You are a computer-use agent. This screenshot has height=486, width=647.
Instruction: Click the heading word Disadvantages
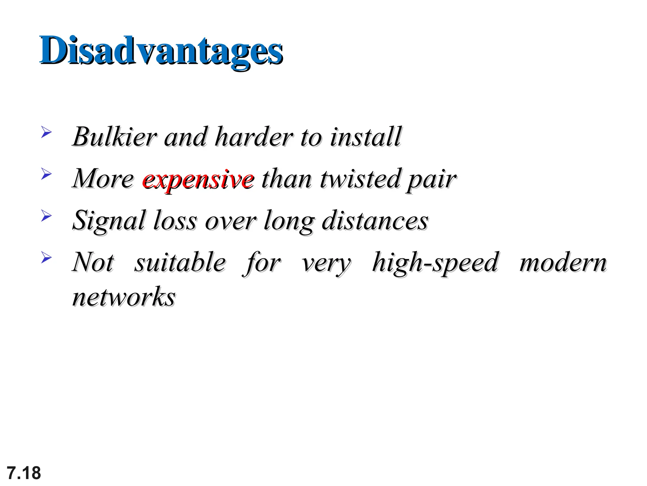(x=161, y=51)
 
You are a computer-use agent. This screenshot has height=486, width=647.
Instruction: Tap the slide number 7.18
(x=24, y=473)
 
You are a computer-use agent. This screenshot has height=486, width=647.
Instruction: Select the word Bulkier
(x=114, y=137)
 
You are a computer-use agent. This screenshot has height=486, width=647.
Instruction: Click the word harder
(x=254, y=137)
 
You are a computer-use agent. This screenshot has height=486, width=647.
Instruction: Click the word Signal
(x=109, y=221)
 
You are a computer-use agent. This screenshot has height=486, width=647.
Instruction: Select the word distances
(x=375, y=221)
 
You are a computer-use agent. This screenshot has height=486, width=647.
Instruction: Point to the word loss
(x=175, y=221)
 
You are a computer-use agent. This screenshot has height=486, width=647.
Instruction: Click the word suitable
(x=180, y=263)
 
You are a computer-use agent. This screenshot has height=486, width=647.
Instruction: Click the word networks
(x=124, y=297)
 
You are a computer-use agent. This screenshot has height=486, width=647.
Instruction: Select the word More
(x=103, y=179)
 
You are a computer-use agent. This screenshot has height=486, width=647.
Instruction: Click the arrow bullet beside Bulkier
(x=46, y=132)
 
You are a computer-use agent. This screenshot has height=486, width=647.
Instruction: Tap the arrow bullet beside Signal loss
(x=46, y=216)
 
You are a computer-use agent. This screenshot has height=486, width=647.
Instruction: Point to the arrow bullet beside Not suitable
(x=46, y=258)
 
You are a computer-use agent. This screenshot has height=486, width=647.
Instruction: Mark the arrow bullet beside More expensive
(x=46, y=174)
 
